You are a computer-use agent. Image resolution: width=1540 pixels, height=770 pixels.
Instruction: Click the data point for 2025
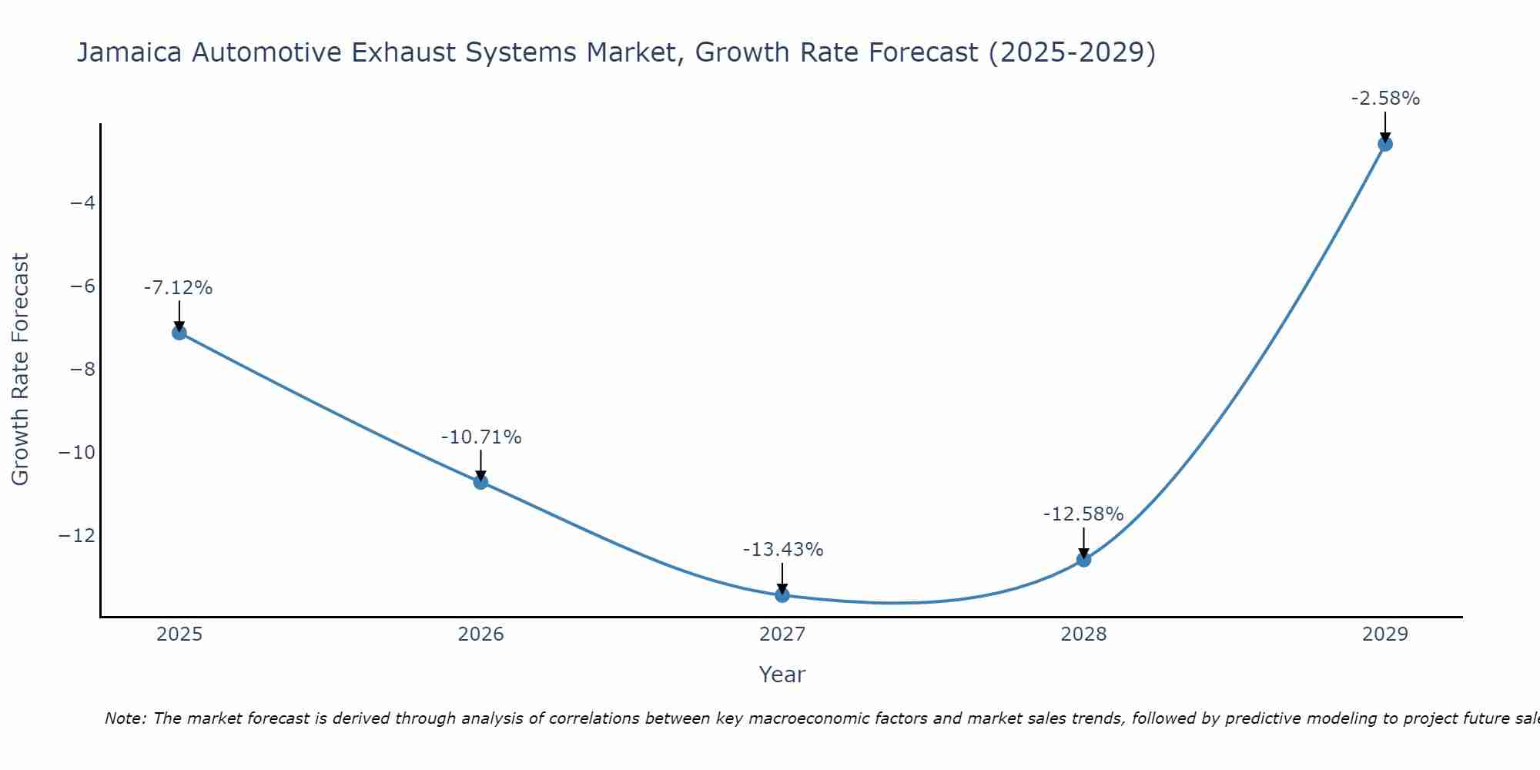pyautogui.click(x=179, y=333)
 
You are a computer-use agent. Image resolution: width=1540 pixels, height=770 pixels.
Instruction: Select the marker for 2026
pyautogui.click(x=480, y=482)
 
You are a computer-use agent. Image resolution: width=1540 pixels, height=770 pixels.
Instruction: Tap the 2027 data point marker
pyautogui.click(x=782, y=595)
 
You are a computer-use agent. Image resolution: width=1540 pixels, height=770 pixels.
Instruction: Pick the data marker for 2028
pyautogui.click(x=1083, y=560)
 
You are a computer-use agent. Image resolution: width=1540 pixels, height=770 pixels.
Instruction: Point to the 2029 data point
pyautogui.click(x=1385, y=144)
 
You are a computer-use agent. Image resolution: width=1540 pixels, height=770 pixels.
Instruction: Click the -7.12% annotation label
pyautogui.click(x=178, y=288)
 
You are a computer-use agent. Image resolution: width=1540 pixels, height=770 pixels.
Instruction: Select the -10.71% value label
pyautogui.click(x=481, y=437)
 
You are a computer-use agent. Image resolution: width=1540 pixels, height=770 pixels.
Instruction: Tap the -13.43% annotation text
pyautogui.click(x=783, y=550)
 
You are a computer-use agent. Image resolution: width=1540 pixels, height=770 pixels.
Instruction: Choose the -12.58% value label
pyautogui.click(x=1083, y=514)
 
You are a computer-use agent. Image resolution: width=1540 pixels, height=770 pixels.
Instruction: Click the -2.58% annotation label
pyautogui.click(x=1385, y=99)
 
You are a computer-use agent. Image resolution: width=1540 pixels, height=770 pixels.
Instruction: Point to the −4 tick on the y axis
pyautogui.click(x=82, y=203)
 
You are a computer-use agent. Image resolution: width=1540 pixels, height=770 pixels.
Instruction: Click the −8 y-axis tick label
pyautogui.click(x=82, y=370)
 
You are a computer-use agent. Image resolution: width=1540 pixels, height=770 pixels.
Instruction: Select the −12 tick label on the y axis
pyautogui.click(x=77, y=535)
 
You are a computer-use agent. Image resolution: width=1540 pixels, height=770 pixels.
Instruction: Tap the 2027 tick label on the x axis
pyautogui.click(x=782, y=634)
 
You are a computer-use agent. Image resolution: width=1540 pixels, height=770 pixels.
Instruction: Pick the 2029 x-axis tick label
pyautogui.click(x=1385, y=634)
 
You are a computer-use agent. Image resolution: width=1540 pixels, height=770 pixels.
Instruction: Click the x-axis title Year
pyautogui.click(x=782, y=675)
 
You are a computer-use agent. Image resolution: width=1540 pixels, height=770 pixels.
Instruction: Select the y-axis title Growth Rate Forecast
pyautogui.click(x=21, y=370)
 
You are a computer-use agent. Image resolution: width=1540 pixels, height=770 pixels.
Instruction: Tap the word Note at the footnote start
pyautogui.click(x=124, y=718)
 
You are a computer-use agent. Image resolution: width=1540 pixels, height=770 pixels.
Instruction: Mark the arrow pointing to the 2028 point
pyautogui.click(x=1083, y=544)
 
